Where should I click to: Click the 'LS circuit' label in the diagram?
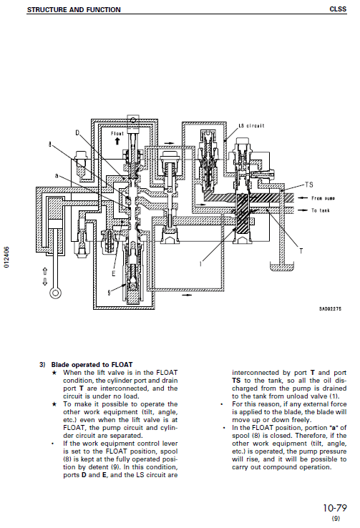pos(251,125)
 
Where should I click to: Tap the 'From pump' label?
pos(325,197)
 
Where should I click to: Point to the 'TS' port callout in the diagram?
pos(308,184)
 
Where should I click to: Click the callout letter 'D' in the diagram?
pos(78,132)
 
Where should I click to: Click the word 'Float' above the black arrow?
pos(117,133)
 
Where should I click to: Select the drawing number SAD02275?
pos(330,309)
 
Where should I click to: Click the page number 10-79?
pos(335,508)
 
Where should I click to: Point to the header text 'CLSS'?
pos(339,9)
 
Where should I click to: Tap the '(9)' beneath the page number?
pos(336,519)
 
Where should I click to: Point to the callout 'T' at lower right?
pos(300,251)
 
